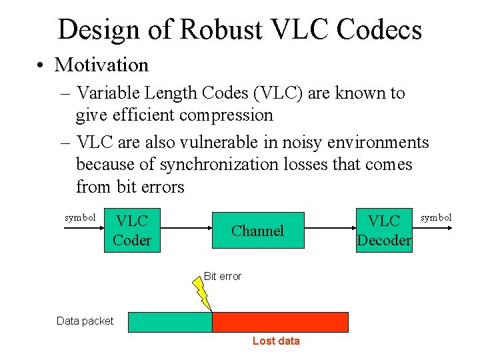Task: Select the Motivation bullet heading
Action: [101, 65]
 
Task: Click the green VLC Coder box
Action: [132, 230]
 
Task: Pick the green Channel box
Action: [257, 231]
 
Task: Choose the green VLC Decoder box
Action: [384, 231]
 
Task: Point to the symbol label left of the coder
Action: [81, 217]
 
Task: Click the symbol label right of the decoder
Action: [436, 217]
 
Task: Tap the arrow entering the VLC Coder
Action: [84, 229]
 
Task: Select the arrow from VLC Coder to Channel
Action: [186, 229]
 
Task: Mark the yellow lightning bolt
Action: [202, 294]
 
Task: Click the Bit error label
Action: [223, 276]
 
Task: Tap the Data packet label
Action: [85, 321]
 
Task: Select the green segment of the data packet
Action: [169, 322]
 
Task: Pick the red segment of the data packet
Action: [280, 322]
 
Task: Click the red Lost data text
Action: [276, 341]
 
